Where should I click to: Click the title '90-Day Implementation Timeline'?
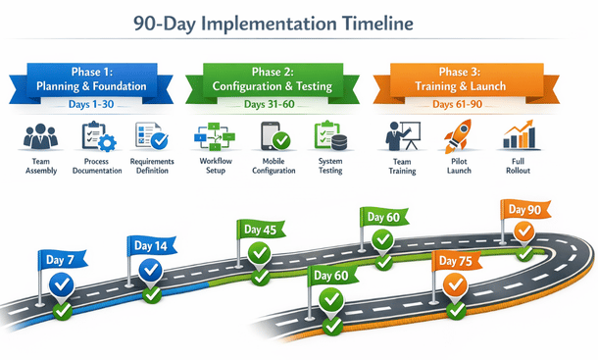[x=300, y=23]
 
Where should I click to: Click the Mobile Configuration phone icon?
[x=274, y=135]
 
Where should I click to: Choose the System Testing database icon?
[x=329, y=135]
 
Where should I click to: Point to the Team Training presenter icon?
[x=402, y=135]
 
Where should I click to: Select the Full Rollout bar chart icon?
[x=517, y=135]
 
